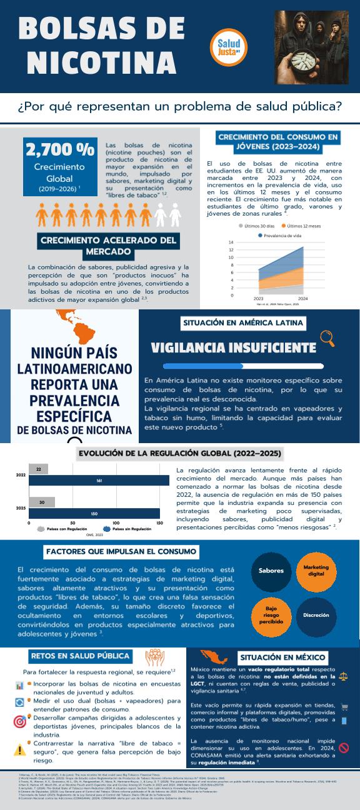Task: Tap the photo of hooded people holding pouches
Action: pos(312,47)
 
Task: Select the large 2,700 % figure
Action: pos(59,150)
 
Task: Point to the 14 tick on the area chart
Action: pos(231,242)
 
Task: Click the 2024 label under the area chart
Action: pos(302,299)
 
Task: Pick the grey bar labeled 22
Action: pos(39,469)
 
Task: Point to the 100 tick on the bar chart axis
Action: pos(116,522)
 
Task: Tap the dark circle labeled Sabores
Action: pos(271,570)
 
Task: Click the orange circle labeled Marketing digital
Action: pos(316,570)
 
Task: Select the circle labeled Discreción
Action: pos(316,615)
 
